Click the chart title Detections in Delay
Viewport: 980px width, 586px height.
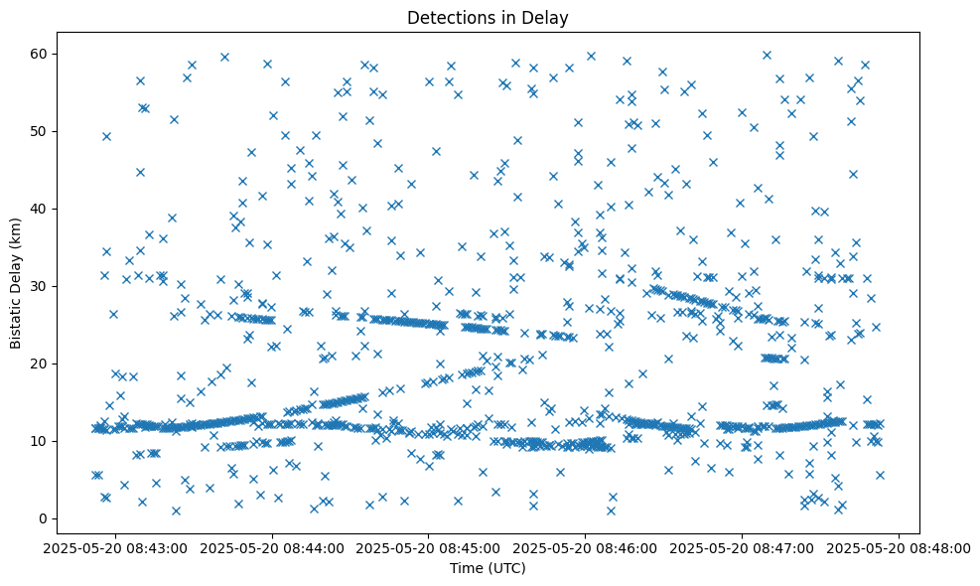[488, 17]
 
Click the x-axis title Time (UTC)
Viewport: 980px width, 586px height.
[488, 569]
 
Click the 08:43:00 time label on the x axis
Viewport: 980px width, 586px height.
[115, 549]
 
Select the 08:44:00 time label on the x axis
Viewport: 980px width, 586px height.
[272, 549]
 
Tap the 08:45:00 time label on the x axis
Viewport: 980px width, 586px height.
[429, 549]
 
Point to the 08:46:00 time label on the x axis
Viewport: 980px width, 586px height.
[586, 549]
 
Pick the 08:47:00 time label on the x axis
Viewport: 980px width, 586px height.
[743, 549]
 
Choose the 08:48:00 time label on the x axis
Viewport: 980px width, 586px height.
[900, 549]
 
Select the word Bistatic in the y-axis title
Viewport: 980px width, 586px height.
[17, 318]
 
